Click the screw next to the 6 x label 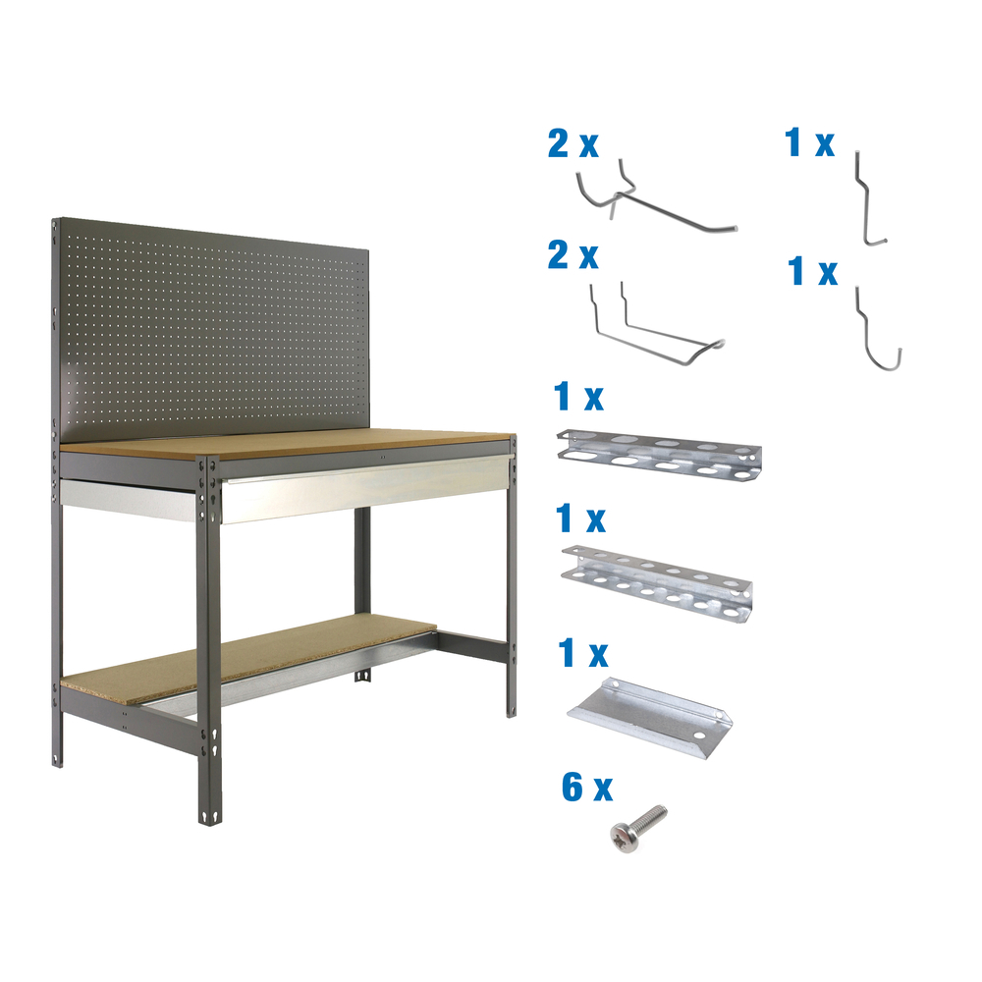click(636, 825)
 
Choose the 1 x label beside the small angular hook click(810, 143)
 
